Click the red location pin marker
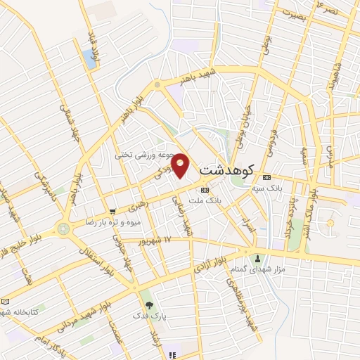click(180, 165)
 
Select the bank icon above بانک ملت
click(205, 190)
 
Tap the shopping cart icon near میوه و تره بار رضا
click(112, 211)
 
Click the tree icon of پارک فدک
click(148, 304)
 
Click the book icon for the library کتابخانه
click(6, 300)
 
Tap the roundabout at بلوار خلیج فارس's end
click(64, 229)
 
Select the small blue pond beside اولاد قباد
click(89, 59)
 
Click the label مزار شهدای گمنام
click(277, 269)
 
